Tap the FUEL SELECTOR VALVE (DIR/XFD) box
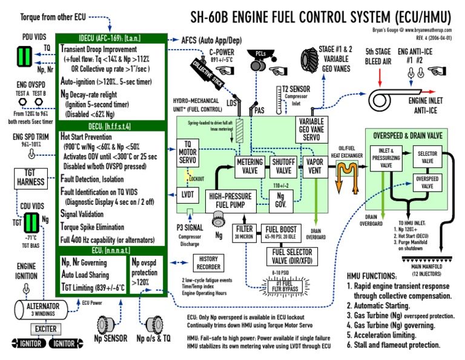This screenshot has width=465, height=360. (295, 255)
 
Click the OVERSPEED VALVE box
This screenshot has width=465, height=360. (427, 182)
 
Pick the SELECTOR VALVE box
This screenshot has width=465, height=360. (427, 157)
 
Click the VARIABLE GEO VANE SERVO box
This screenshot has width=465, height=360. (312, 130)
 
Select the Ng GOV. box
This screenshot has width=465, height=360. (280, 198)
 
